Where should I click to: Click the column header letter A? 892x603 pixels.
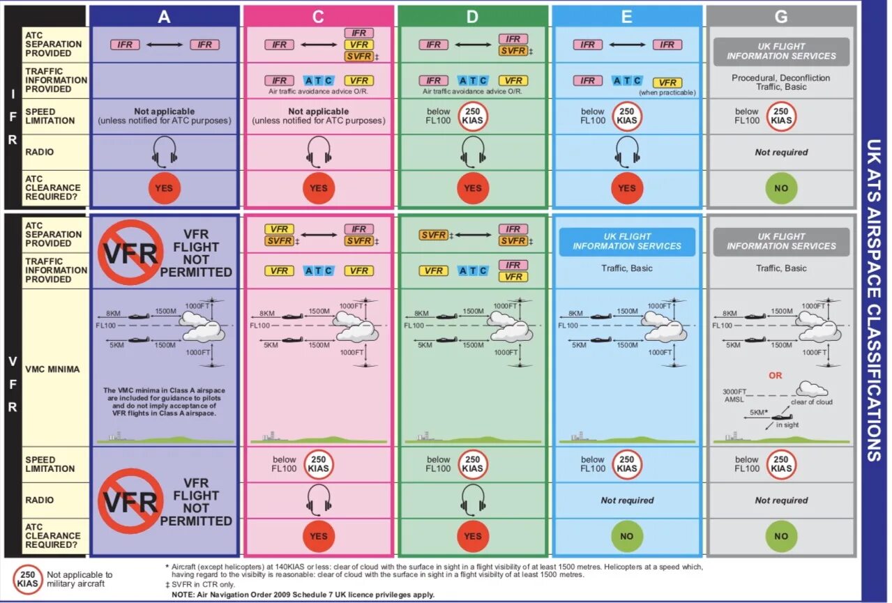164,16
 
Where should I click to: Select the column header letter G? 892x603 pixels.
781,16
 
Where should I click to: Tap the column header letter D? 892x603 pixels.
472,16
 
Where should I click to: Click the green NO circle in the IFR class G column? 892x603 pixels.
781,188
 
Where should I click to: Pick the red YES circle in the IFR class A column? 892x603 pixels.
164,188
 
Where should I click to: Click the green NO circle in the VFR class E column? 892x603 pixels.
627,536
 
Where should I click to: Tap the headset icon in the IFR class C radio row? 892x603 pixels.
318,151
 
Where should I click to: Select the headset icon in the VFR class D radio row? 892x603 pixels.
473,500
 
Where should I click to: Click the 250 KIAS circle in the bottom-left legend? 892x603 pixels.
28,579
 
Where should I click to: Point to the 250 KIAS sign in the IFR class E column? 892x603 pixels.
627,116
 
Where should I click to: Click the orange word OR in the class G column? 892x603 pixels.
776,375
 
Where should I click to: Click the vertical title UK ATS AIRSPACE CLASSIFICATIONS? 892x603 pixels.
873,300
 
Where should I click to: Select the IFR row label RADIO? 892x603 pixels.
39,152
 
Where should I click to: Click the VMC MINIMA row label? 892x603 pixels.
53,369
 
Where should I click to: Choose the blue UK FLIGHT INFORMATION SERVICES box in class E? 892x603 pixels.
627,241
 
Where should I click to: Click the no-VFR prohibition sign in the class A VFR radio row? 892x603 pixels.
130,501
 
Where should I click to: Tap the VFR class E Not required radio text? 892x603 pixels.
627,501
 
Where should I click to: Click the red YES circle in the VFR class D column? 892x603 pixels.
473,536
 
